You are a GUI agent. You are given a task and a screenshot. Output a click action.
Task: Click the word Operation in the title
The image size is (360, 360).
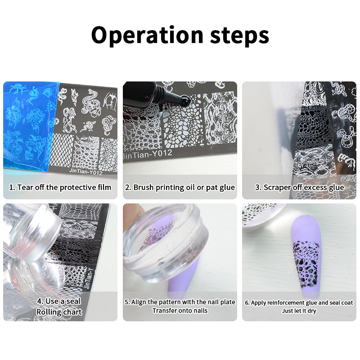(147, 35)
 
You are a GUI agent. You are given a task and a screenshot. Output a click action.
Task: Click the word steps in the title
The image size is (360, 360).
(239, 36)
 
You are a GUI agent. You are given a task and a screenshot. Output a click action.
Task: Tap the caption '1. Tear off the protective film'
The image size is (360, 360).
(60, 187)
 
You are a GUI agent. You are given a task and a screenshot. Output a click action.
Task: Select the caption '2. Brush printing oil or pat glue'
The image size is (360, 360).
(180, 187)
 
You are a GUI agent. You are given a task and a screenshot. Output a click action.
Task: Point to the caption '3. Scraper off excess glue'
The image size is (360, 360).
(299, 187)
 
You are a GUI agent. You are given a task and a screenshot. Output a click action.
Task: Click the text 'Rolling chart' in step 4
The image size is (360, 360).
(59, 312)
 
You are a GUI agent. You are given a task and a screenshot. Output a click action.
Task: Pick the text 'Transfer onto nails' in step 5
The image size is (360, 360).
(180, 310)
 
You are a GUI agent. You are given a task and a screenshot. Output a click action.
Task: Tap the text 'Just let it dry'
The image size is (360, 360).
(299, 310)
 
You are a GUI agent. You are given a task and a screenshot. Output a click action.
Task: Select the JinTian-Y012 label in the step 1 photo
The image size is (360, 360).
(85, 171)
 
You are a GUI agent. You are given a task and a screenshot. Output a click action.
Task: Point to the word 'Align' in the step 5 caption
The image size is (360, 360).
(139, 302)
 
